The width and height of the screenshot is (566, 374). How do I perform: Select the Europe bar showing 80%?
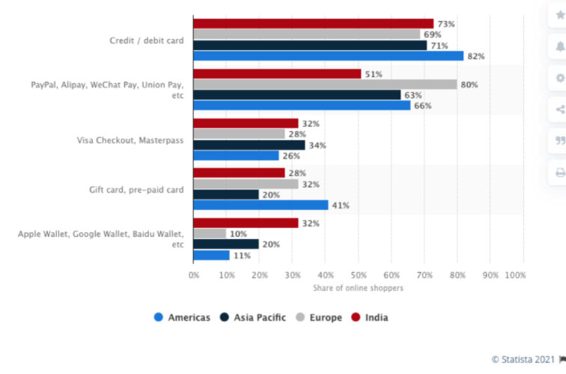tap(325, 85)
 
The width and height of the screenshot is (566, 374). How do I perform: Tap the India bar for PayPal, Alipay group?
tap(277, 74)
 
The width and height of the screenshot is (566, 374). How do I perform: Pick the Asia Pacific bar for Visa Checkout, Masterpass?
tap(249, 145)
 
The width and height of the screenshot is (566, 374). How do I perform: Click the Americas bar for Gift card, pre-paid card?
tap(261, 205)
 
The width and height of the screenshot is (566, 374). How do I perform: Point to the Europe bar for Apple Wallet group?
tap(210, 234)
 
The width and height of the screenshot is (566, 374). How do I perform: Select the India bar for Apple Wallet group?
tap(246, 223)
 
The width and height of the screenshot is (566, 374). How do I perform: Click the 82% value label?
tap(476, 56)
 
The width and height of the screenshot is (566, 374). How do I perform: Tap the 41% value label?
tap(341, 205)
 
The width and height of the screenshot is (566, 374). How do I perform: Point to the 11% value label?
tap(243, 256)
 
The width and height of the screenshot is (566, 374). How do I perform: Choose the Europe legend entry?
tap(320, 317)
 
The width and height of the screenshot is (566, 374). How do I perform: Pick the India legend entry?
tap(371, 317)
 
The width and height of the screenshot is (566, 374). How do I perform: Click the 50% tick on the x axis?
tap(358, 275)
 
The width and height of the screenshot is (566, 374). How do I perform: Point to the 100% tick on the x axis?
tap(515, 275)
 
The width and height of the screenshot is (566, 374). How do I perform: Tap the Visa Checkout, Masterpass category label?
tap(130, 140)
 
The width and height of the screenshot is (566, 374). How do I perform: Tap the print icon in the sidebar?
tap(559, 172)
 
